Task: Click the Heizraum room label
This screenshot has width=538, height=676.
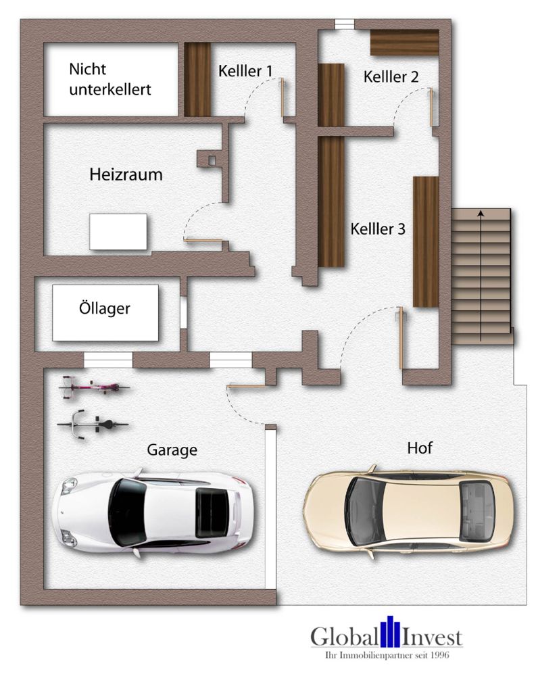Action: click(126, 175)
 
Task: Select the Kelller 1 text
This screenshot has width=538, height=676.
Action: click(245, 71)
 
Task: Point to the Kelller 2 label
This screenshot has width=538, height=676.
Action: click(391, 77)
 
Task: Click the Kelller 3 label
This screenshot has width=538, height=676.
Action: click(378, 229)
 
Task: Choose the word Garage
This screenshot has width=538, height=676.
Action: click(172, 450)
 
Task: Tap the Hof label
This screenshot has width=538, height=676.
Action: click(419, 448)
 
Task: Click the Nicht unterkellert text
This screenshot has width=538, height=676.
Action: click(109, 79)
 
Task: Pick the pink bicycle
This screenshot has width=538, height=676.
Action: click(93, 388)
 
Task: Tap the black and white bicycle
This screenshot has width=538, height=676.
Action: click(92, 425)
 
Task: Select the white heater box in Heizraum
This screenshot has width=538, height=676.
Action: click(118, 232)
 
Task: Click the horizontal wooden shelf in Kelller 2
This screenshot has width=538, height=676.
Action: click(404, 43)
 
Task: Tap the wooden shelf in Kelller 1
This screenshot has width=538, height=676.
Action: click(198, 79)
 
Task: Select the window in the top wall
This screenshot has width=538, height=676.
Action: click(345, 24)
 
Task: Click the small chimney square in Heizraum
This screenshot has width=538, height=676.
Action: click(212, 160)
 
